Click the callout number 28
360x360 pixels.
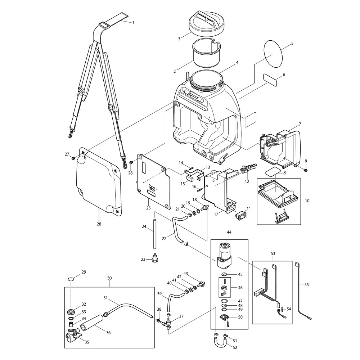(x=99, y=224)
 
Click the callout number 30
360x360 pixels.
(x=109, y=278)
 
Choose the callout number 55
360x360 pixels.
(x=306, y=284)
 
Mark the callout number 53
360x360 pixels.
(x=273, y=254)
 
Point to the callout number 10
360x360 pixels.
(x=302, y=200)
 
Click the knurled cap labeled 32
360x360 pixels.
(x=71, y=311)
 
